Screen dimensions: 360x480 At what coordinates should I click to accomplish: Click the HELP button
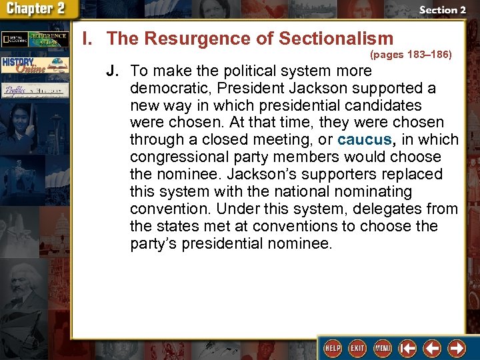(x=331, y=347)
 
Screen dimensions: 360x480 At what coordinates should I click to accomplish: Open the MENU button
(x=382, y=347)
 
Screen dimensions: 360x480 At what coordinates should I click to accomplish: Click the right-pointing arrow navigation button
(x=457, y=347)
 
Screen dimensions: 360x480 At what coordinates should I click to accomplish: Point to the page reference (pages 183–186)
(x=411, y=55)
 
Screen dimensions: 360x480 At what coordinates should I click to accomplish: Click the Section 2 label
(x=442, y=10)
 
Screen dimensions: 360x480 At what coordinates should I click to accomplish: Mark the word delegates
(x=387, y=209)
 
